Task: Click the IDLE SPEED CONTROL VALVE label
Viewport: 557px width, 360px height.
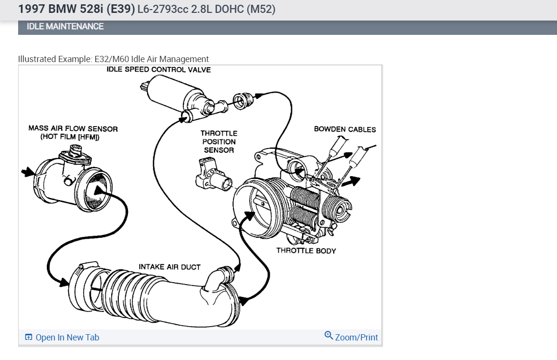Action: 158,70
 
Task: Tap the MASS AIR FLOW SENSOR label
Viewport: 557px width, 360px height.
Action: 73,129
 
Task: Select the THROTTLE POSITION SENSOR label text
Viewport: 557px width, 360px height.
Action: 219,141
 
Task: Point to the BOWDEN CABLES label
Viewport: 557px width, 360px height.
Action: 345,129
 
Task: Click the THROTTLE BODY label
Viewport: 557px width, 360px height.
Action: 306,251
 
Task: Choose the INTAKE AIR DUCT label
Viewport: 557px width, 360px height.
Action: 169,267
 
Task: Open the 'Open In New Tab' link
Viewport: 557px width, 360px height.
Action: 67,338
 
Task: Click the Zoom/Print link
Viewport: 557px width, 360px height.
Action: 356,338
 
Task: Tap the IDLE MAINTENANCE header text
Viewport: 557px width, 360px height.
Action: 65,27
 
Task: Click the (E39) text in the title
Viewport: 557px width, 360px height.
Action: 120,9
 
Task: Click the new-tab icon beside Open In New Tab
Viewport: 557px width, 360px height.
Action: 29,338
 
